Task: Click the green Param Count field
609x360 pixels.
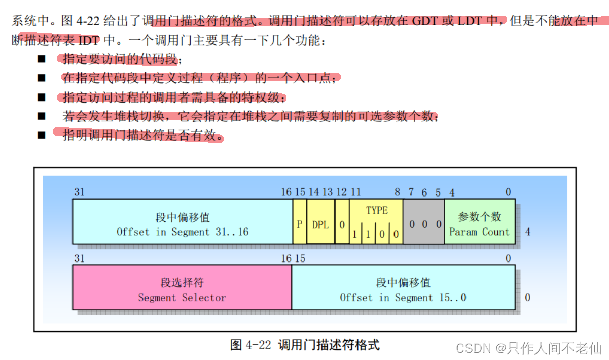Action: [479, 223]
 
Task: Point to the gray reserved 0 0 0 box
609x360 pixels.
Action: [424, 223]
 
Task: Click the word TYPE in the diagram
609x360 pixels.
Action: [376, 210]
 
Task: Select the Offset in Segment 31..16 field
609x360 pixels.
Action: [183, 223]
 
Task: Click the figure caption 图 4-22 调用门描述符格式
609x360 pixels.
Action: [304, 345]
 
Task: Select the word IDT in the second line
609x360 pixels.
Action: [88, 40]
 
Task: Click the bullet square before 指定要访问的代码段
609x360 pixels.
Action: [42, 59]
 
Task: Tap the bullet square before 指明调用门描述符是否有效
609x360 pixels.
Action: [42, 136]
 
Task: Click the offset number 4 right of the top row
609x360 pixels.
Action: [528, 232]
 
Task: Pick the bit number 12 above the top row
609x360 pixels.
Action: [342, 192]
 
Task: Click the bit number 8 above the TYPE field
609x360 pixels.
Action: [398, 192]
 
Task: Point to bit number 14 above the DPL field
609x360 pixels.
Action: [314, 192]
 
